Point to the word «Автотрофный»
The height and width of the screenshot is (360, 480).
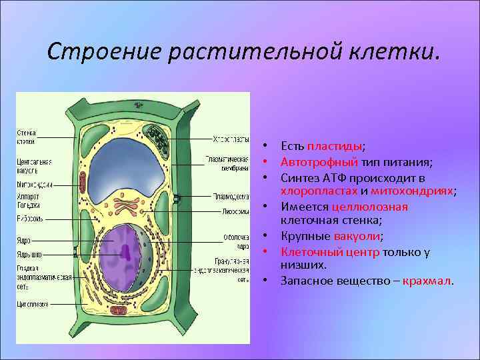319,162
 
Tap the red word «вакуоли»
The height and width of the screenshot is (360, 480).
359,236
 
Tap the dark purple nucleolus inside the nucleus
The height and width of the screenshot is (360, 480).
125,251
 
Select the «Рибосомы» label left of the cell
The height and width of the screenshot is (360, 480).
30,218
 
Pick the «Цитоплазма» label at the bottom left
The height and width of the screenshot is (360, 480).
33,304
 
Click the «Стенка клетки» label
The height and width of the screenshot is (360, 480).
27,137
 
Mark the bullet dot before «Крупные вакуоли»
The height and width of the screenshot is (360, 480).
265,236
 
